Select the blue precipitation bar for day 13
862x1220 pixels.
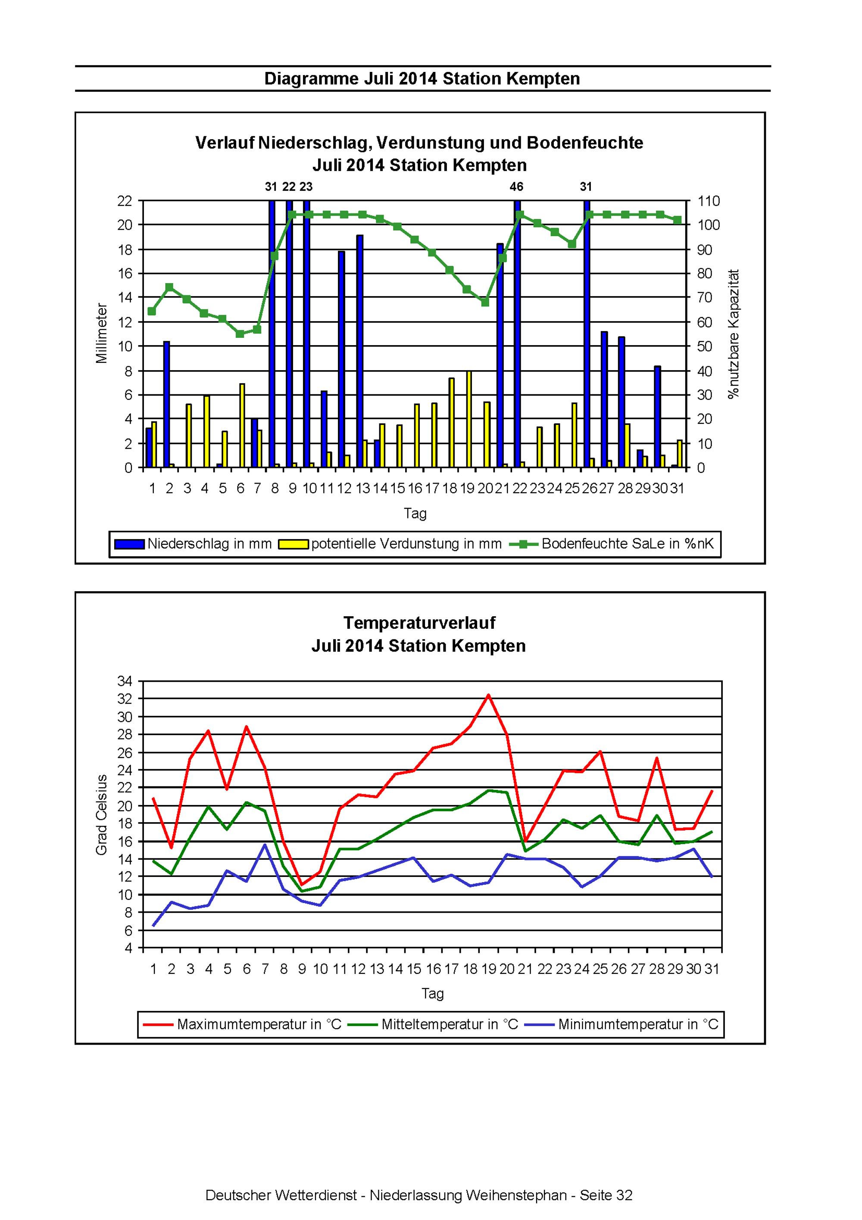(x=360, y=351)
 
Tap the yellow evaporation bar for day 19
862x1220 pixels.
(x=469, y=420)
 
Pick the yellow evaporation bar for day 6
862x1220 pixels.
(x=242, y=426)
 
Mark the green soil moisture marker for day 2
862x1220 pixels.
(x=169, y=287)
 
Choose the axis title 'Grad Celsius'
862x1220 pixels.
(x=102, y=814)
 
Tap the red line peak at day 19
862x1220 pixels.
(x=488, y=695)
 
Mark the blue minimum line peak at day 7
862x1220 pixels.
(x=265, y=844)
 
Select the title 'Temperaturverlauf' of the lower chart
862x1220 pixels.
(x=419, y=622)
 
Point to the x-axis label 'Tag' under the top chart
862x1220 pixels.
(x=415, y=514)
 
